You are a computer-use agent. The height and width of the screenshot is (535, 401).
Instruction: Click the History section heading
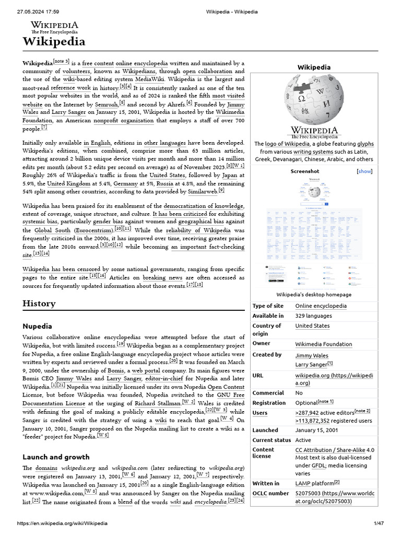39,304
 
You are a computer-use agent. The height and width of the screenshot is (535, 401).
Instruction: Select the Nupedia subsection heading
37,326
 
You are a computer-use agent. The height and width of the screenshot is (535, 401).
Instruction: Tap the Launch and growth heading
56,457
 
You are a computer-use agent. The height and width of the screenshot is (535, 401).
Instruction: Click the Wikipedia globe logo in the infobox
314,100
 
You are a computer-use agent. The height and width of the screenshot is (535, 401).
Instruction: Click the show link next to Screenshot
364,171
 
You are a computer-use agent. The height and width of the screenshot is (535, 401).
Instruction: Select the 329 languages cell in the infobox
313,316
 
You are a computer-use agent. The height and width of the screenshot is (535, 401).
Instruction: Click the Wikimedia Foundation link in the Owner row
323,344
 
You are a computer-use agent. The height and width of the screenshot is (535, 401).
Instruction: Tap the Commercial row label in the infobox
268,393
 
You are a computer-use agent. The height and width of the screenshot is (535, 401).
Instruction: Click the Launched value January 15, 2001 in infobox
317,430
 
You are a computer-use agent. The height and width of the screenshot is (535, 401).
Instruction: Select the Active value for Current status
303,440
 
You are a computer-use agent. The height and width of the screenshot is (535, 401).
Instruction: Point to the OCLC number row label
270,493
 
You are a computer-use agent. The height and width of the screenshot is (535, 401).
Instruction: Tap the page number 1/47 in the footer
379,523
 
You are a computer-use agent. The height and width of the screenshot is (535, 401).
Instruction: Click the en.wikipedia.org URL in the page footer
63,523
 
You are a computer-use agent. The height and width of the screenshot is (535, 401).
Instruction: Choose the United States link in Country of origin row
312,325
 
